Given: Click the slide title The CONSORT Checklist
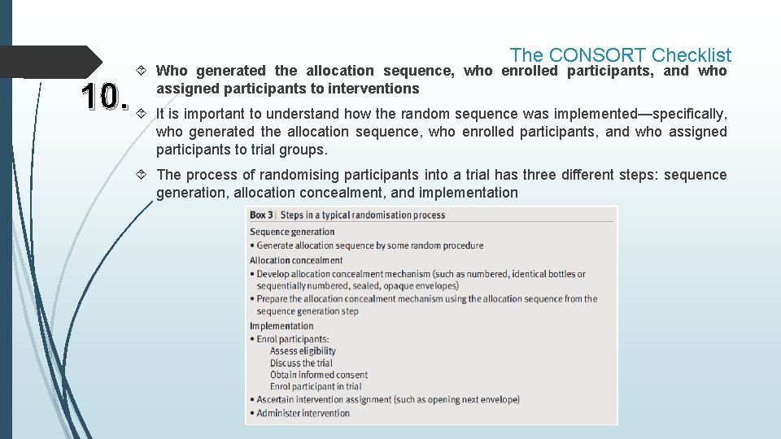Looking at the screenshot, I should (620, 54).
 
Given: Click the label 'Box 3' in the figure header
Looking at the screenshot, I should (261, 215).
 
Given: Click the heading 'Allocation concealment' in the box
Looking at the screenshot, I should (296, 260).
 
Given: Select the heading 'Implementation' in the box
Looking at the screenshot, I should (281, 326).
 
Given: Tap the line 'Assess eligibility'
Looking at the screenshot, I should (303, 351).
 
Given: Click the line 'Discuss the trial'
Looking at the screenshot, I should (301, 363).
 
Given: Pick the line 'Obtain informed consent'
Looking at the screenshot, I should (319, 375).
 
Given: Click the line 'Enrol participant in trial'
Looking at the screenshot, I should (316, 387).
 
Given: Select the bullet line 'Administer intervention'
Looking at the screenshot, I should (303, 413).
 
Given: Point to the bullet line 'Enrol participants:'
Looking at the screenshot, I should (293, 338).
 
